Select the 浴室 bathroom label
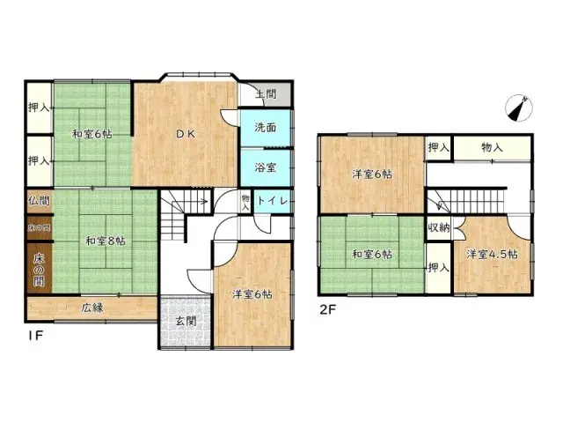pyautogui.click(x=265, y=166)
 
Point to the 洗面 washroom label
pyautogui.click(x=265, y=128)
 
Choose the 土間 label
pyautogui.click(x=266, y=93)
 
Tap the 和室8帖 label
pyautogui.click(x=105, y=240)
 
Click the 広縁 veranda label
pyautogui.click(x=94, y=308)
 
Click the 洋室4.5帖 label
pyautogui.click(x=492, y=255)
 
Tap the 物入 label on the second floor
pyautogui.click(x=492, y=147)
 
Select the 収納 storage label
pyautogui.click(x=438, y=228)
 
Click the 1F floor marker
pyautogui.click(x=34, y=336)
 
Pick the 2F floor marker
pyautogui.click(x=327, y=308)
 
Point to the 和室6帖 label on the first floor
pyautogui.click(x=91, y=134)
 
